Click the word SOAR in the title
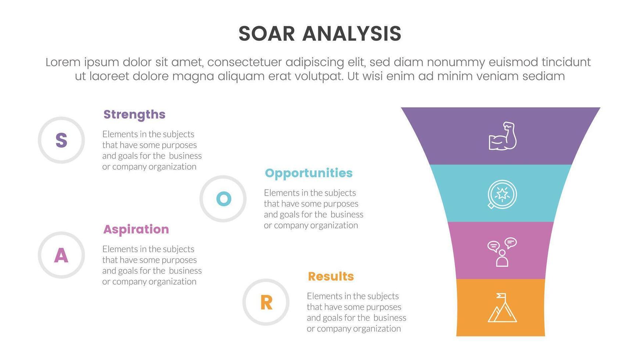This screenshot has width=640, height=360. coord(267,34)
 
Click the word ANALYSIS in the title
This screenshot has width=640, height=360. coord(352,34)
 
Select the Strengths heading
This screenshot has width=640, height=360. coord(134,115)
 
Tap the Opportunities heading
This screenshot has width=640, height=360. coord(309,173)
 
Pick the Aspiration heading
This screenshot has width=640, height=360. coord(136,229)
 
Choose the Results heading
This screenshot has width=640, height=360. coord(331,276)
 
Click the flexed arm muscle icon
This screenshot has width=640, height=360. coord(503,136)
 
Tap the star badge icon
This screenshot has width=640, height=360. coord(502,194)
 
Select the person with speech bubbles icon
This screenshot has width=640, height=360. coord(502,252)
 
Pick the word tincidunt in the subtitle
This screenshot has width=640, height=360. coord(566,62)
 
